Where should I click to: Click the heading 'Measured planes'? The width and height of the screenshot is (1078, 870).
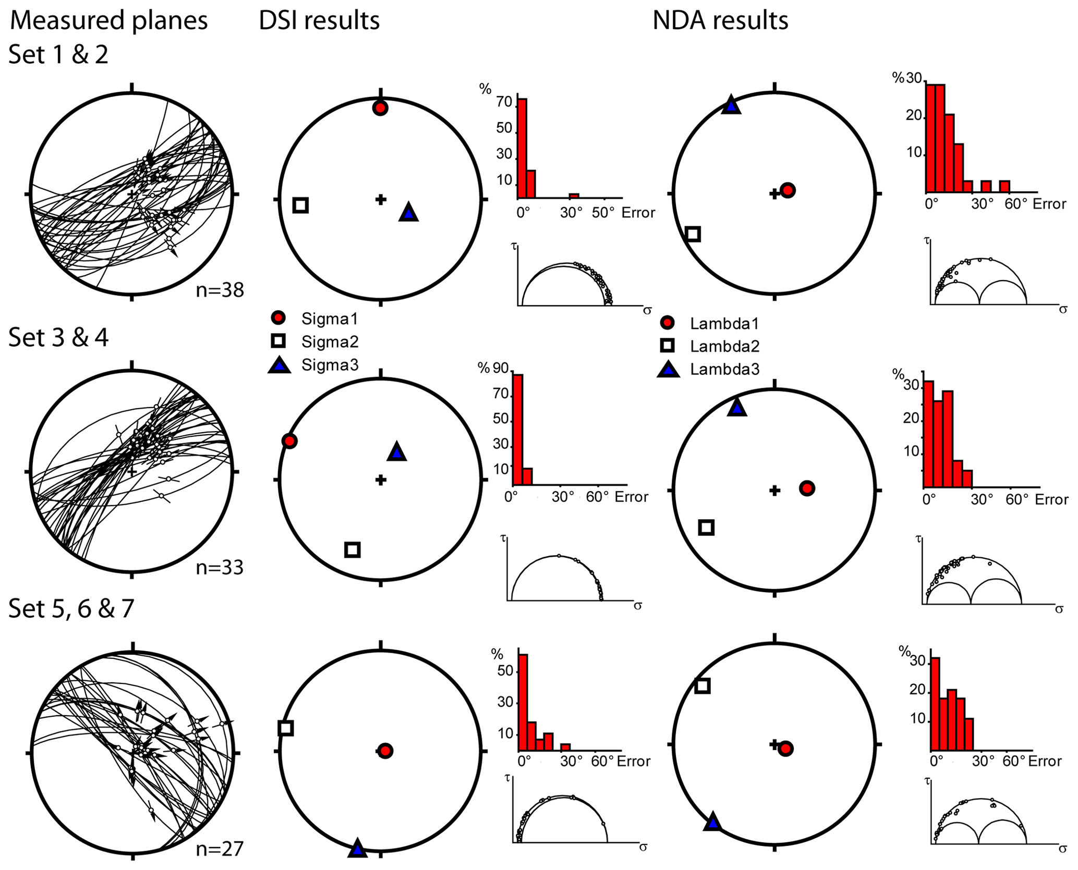click(x=108, y=21)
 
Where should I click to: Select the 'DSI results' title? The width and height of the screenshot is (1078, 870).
click(x=319, y=21)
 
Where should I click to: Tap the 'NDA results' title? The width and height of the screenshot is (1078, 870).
click(x=720, y=21)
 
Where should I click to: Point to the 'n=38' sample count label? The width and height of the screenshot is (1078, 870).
click(x=220, y=290)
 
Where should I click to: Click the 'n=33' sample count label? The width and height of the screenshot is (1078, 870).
click(x=220, y=568)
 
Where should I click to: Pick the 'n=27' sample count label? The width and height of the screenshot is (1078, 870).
click(x=220, y=849)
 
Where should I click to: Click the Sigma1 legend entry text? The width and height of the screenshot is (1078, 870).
click(x=330, y=318)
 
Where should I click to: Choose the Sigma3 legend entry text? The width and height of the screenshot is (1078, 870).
click(x=330, y=365)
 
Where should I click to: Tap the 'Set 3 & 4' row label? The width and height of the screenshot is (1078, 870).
click(x=58, y=337)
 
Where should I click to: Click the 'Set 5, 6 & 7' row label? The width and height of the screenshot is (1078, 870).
click(x=71, y=608)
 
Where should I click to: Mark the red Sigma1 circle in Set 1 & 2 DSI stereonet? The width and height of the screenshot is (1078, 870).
click(x=380, y=108)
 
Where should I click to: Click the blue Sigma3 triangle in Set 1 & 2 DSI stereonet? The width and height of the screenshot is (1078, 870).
click(x=408, y=213)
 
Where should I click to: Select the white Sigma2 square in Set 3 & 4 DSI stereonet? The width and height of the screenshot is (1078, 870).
click(x=353, y=549)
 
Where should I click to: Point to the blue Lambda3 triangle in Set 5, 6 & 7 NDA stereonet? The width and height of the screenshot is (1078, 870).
click(x=712, y=824)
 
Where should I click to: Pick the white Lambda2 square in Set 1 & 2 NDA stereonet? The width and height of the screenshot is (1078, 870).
click(x=693, y=234)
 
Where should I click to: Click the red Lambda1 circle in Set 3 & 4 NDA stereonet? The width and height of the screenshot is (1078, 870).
click(x=807, y=488)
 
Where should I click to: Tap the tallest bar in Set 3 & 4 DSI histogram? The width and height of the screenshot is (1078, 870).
click(x=518, y=430)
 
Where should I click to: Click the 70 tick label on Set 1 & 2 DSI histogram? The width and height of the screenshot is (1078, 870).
click(x=504, y=102)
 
